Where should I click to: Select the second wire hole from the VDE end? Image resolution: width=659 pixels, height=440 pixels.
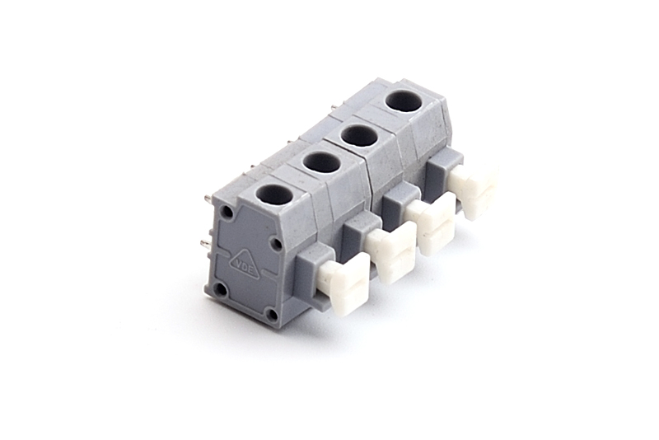pos(321,162)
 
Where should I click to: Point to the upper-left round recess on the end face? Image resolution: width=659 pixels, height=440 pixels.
pos(227,211)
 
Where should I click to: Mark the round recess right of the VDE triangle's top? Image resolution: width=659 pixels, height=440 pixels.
pos(276,242)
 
